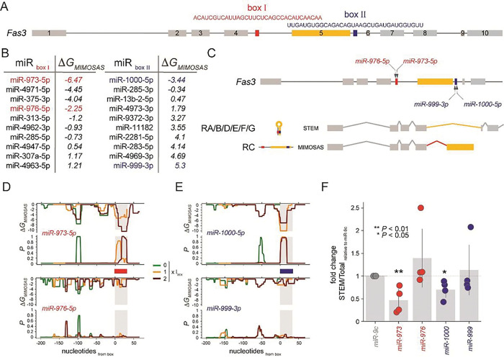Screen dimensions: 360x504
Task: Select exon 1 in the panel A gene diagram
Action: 48,33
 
